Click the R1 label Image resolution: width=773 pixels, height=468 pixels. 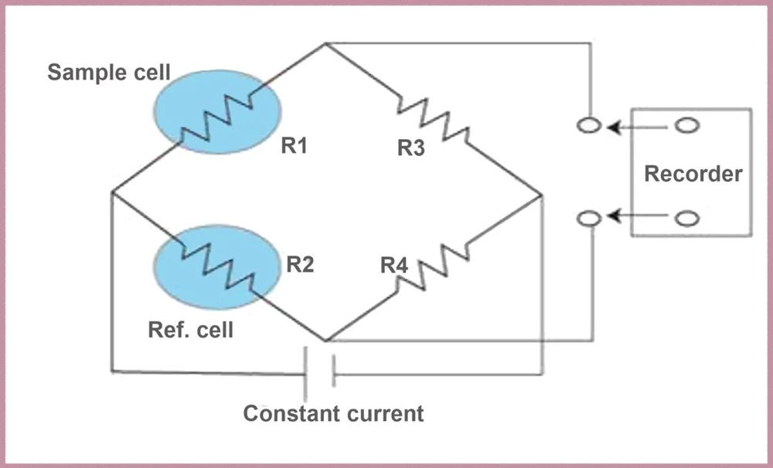(x=294, y=145)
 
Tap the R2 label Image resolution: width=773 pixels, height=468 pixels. (x=300, y=265)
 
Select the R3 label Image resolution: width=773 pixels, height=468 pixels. (x=411, y=148)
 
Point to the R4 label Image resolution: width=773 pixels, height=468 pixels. (x=394, y=266)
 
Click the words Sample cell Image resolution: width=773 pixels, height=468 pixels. (x=109, y=73)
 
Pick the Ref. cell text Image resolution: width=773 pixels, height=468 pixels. (x=191, y=330)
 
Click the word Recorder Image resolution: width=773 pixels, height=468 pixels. (x=693, y=174)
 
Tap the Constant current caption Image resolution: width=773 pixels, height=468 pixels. (x=333, y=413)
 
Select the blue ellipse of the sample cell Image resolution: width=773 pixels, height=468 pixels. (x=217, y=111)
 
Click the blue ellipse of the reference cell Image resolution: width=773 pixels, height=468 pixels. (x=217, y=267)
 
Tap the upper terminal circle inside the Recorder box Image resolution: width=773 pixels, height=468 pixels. (x=687, y=126)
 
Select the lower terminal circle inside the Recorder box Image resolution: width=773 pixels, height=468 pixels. (x=687, y=219)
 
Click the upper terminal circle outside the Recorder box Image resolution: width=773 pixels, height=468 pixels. (x=589, y=126)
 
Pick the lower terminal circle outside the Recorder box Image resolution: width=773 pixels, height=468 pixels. (x=589, y=218)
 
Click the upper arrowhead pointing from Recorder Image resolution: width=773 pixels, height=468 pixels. (x=614, y=128)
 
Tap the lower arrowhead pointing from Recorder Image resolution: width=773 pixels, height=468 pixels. (x=614, y=215)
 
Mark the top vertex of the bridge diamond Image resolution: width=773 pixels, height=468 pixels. (x=325, y=44)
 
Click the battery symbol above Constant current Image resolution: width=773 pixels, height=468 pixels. (x=320, y=374)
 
